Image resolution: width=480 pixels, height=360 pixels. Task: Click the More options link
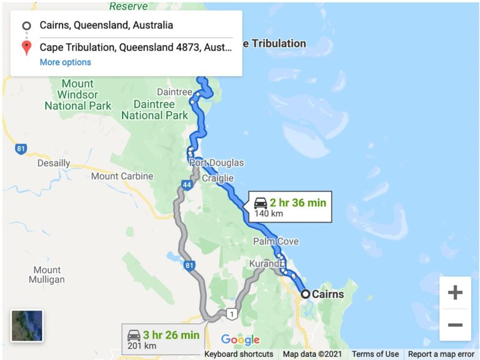click(x=65, y=62)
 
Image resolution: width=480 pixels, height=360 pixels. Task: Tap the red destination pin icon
click(x=26, y=47)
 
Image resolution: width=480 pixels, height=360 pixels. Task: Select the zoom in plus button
click(x=455, y=292)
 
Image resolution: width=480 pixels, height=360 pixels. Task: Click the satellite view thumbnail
click(x=27, y=326)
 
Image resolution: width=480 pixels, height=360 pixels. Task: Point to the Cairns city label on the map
click(x=328, y=294)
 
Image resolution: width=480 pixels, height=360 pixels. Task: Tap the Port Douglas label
click(x=217, y=162)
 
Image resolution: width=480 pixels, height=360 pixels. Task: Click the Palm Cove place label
click(x=276, y=241)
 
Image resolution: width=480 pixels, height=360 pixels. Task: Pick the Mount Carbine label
click(x=122, y=176)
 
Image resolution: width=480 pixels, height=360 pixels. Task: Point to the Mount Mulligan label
click(x=47, y=276)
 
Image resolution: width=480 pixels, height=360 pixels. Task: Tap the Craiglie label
click(x=217, y=178)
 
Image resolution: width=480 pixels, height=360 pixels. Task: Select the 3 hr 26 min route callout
click(x=163, y=339)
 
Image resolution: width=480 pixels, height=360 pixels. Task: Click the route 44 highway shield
click(x=187, y=185)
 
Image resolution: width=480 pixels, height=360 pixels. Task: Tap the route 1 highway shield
click(x=232, y=314)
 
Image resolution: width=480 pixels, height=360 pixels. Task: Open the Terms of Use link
click(x=375, y=354)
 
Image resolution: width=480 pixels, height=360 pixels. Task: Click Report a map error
click(x=441, y=354)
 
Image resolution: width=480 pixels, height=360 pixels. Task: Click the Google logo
click(x=240, y=340)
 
